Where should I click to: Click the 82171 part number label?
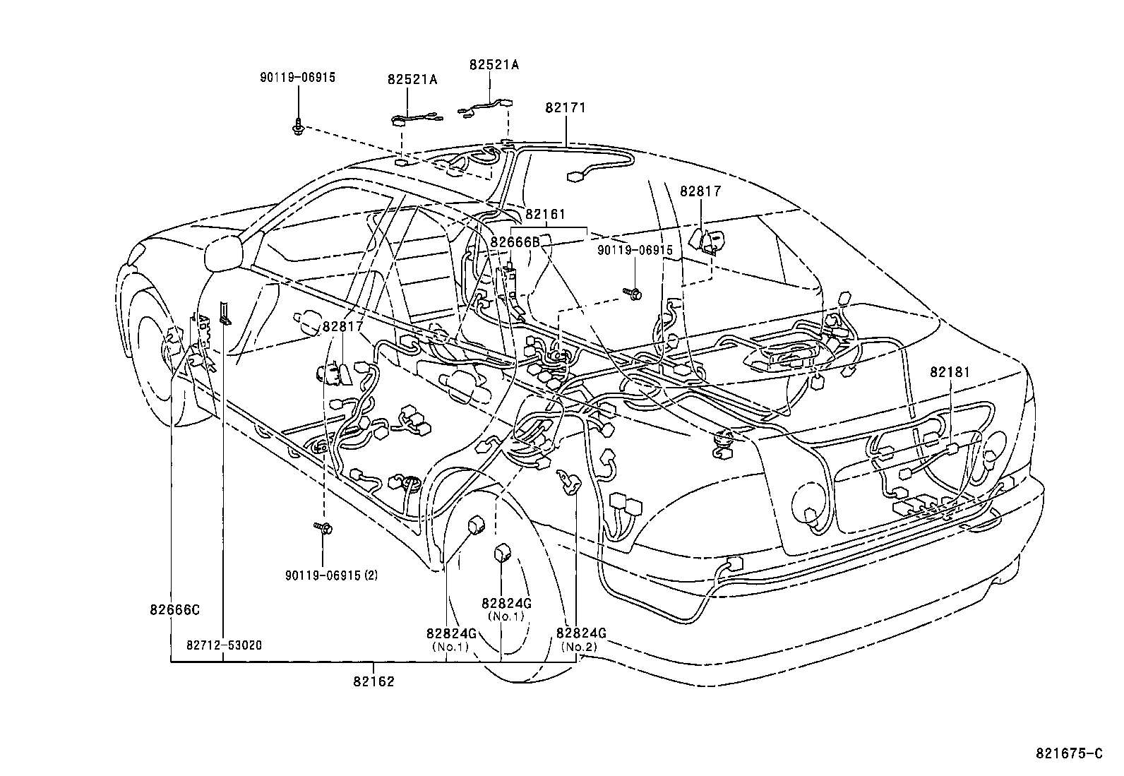[x=565, y=108]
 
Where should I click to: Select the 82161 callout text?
[x=545, y=215]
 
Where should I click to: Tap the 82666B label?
[x=515, y=242]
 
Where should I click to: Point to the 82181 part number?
[x=950, y=372]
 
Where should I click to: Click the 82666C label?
[x=174, y=610]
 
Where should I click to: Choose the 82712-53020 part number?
[x=225, y=645]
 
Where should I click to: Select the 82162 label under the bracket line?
[x=373, y=681]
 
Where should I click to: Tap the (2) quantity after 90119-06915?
[x=371, y=575]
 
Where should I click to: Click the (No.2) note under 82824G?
[x=580, y=647]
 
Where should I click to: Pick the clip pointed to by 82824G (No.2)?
[x=569, y=482]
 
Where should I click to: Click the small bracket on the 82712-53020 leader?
[x=225, y=314]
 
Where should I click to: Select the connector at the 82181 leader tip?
[x=952, y=449]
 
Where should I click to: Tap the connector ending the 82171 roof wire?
[x=575, y=177]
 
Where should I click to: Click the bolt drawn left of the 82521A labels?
[x=298, y=128]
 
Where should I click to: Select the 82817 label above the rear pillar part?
[x=700, y=191]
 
